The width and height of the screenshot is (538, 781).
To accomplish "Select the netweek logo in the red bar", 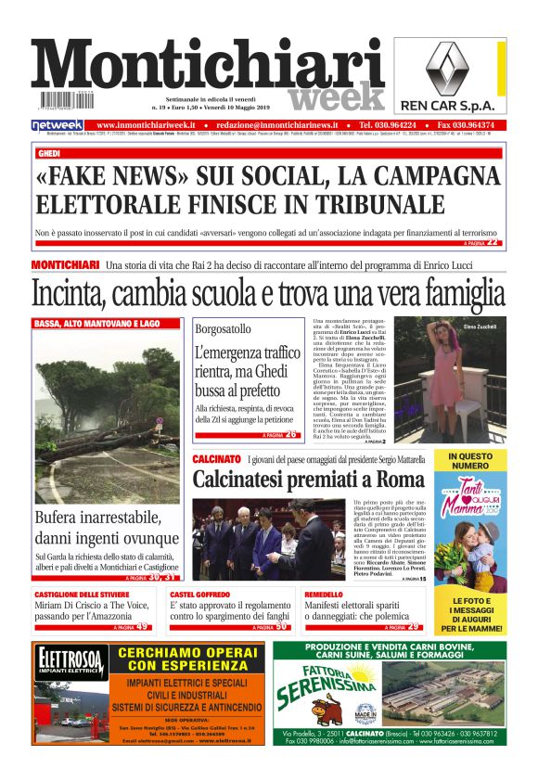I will (x=58, y=124).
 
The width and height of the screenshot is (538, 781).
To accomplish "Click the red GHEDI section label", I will (x=48, y=153).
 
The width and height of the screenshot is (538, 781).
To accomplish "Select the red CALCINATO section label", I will (x=218, y=459).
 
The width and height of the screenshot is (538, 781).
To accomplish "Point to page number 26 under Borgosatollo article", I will (x=291, y=434).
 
